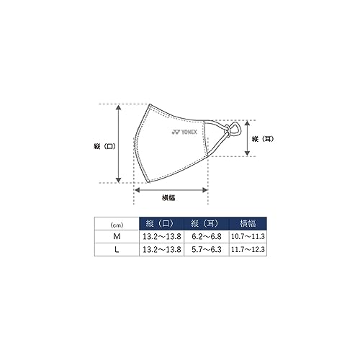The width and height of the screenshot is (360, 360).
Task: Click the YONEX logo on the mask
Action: click(x=184, y=132)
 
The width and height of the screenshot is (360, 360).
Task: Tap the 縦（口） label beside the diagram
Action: click(x=104, y=146)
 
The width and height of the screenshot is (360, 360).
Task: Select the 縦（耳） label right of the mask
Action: click(x=263, y=139)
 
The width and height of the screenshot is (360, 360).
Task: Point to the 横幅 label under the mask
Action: click(x=168, y=198)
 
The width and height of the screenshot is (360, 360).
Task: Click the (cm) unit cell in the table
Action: click(x=117, y=225)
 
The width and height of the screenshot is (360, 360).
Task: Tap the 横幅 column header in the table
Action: click(x=248, y=223)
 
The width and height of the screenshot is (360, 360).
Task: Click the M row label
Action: click(x=117, y=237)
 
